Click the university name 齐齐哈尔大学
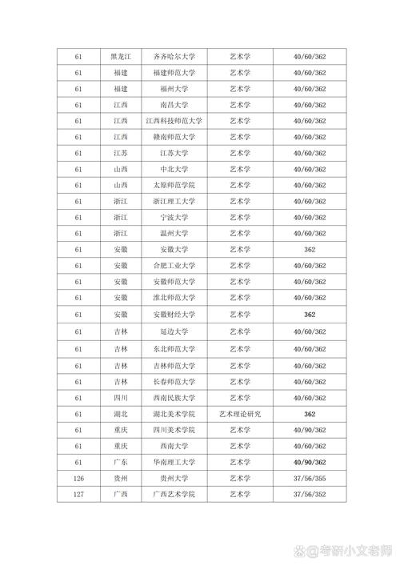[x=174, y=57]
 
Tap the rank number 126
[x=78, y=479]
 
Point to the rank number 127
[x=78, y=495]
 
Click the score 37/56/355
[x=310, y=479]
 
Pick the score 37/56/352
[x=310, y=495]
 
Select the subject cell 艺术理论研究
[x=240, y=413]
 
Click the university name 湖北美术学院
[x=174, y=413]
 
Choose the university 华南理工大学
[x=174, y=462]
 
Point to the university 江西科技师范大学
[x=174, y=121]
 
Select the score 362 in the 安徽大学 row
[x=310, y=250]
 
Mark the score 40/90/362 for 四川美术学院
[x=310, y=430]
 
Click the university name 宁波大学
[x=174, y=218]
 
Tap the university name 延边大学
[x=174, y=331]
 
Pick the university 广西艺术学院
[x=174, y=495]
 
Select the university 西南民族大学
[x=174, y=397]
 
